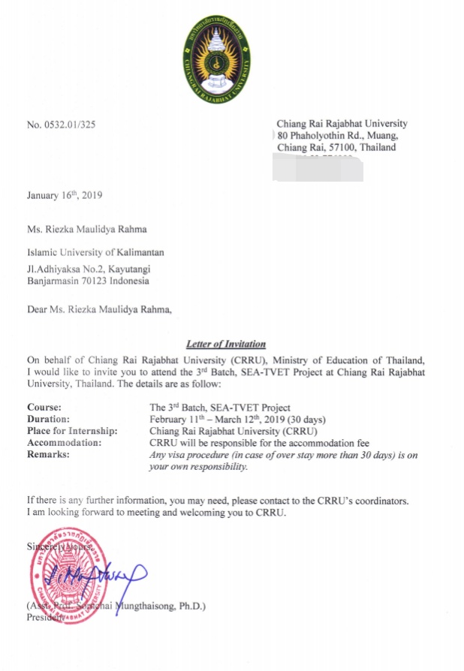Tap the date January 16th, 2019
[x=65, y=196]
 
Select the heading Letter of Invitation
[x=225, y=345]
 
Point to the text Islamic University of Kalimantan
[x=95, y=252]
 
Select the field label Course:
[x=44, y=408]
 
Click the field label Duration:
[x=48, y=419]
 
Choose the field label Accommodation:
[x=62, y=443]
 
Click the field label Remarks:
[x=48, y=455]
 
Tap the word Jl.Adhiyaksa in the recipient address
[x=53, y=270]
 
